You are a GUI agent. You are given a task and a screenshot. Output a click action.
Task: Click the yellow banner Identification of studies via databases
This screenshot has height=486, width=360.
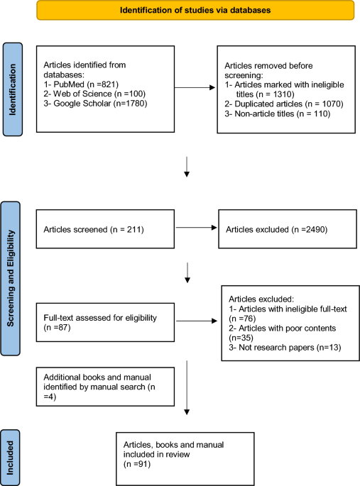click(x=195, y=10)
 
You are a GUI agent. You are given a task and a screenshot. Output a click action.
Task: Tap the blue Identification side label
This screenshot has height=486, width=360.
click(x=13, y=89)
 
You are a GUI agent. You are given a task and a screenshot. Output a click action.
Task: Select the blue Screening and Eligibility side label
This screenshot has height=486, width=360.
click(x=11, y=278)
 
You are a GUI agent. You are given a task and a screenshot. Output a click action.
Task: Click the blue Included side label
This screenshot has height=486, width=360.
click(x=10, y=458)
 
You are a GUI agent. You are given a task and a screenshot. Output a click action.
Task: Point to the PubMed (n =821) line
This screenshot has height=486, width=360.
click(x=81, y=84)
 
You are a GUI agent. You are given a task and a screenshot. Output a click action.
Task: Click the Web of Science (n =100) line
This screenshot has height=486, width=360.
click(x=94, y=94)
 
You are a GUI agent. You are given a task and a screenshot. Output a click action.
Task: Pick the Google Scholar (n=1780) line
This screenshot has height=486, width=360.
click(x=95, y=103)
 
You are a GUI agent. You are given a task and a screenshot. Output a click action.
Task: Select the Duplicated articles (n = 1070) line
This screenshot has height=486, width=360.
click(x=284, y=104)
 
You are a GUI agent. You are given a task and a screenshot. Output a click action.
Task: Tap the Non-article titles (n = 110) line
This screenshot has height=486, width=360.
click(x=278, y=114)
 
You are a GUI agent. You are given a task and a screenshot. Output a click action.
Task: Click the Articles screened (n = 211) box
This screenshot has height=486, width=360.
click(x=105, y=229)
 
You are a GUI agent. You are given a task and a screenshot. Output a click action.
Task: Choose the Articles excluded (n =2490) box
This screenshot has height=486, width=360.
click(x=288, y=229)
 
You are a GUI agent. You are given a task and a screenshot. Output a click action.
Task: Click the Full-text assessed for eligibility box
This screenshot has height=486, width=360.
click(x=105, y=322)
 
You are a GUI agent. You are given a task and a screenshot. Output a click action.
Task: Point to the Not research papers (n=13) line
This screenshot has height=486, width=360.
click(x=285, y=348)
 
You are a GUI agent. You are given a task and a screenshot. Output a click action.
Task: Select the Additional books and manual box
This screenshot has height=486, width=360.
click(x=105, y=387)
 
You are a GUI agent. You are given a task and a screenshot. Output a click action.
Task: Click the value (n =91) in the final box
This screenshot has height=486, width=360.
click(x=137, y=464)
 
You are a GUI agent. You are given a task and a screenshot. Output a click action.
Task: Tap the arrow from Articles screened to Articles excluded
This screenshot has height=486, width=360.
click(x=196, y=228)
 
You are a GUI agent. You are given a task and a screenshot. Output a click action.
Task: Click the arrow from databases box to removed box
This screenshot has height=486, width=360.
click(x=195, y=88)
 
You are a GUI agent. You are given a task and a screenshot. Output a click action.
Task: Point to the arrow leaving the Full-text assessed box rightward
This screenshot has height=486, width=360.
click(x=197, y=321)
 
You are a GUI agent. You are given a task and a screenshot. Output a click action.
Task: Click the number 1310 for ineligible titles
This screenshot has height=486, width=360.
click(x=283, y=94)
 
